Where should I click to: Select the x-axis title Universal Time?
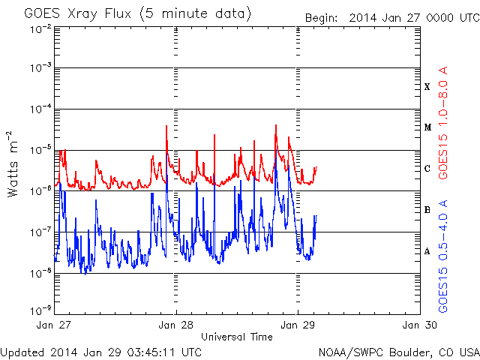click(236, 337)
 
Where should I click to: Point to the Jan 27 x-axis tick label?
click(55, 325)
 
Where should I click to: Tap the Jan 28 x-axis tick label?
click(176, 325)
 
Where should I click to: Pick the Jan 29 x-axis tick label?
click(298, 325)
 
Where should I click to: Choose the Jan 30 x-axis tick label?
click(419, 325)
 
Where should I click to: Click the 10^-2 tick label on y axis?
click(40, 28)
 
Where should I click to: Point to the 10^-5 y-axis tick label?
click(40, 149)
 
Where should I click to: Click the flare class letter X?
click(427, 87)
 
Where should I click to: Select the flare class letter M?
click(427, 127)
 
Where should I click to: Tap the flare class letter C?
click(427, 169)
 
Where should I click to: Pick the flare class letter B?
click(427, 210)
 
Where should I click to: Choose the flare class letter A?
click(427, 251)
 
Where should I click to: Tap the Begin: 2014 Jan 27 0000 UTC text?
click(391, 18)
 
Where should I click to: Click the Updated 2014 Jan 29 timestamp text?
click(100, 351)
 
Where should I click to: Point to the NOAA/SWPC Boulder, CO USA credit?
click(397, 351)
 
